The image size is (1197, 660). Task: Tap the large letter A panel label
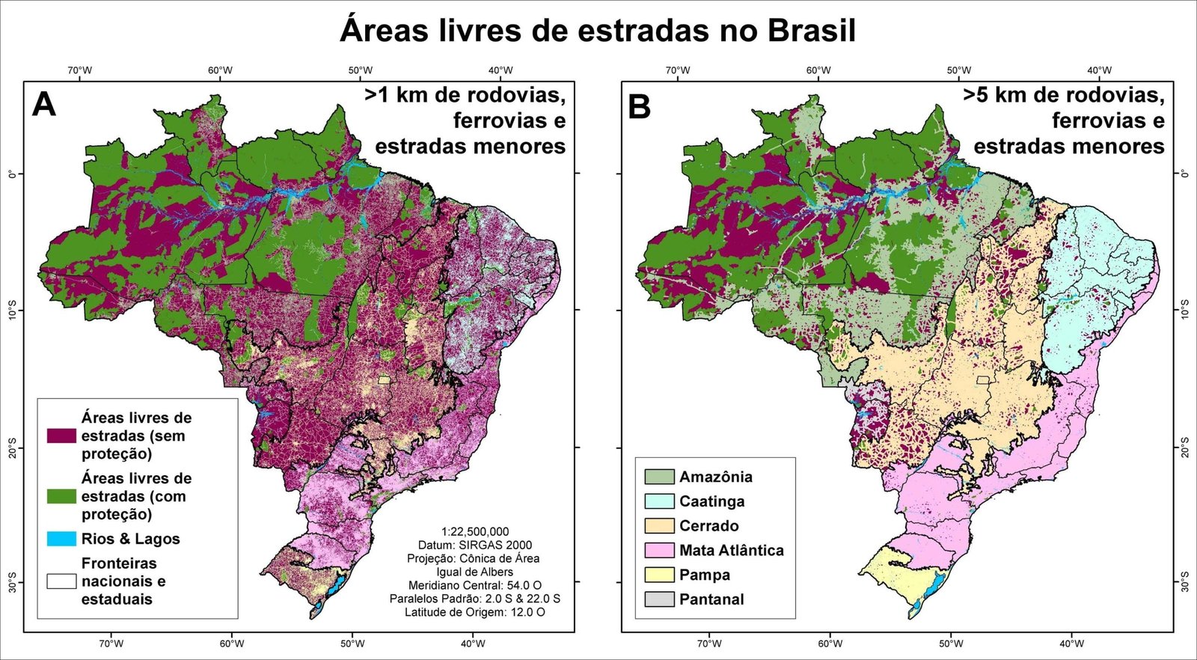pyautogui.click(x=44, y=105)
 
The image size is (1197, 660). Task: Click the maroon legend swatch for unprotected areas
pyautogui.click(x=61, y=436)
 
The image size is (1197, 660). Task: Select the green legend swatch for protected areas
pyautogui.click(x=61, y=496)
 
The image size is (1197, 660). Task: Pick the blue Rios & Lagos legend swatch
pyautogui.click(x=61, y=539)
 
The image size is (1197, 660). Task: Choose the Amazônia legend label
pyautogui.click(x=715, y=477)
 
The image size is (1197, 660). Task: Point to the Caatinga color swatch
pyautogui.click(x=659, y=501)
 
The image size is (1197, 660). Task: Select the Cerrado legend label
pyautogui.click(x=708, y=526)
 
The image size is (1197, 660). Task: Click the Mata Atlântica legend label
pyautogui.click(x=731, y=551)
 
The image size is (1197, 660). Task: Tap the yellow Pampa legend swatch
pyautogui.click(x=659, y=575)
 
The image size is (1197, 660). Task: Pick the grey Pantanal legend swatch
pyautogui.click(x=659, y=599)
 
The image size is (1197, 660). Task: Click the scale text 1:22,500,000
pyautogui.click(x=474, y=532)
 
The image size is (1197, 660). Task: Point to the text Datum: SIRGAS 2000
pyautogui.click(x=474, y=546)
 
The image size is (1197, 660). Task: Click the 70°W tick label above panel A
pyautogui.click(x=80, y=70)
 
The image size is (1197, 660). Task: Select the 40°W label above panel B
pyautogui.click(x=1098, y=70)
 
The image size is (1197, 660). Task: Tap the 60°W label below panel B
pyautogui.click(x=830, y=644)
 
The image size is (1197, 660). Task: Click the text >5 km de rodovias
pyautogui.click(x=1063, y=95)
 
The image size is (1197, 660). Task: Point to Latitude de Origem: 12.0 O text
pyautogui.click(x=474, y=612)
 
